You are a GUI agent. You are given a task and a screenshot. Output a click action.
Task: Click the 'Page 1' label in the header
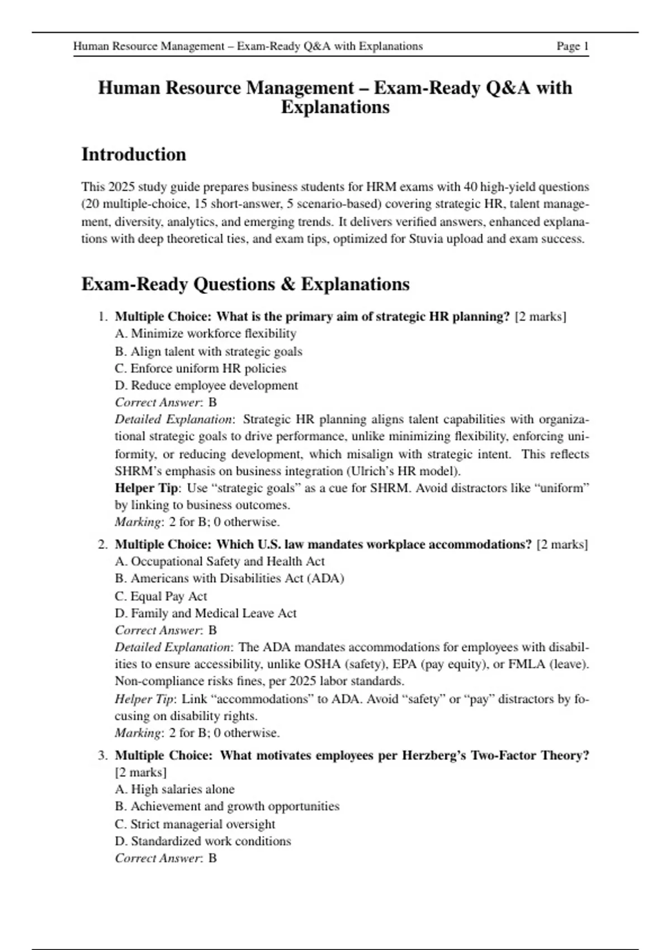click(x=572, y=46)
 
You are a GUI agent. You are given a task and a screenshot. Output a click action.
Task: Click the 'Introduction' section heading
click(x=134, y=154)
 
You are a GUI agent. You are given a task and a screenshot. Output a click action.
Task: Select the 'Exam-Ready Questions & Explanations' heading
click(x=245, y=284)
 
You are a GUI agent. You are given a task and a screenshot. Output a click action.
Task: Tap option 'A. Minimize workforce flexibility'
click(x=205, y=334)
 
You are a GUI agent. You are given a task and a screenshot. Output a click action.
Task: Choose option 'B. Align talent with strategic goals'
click(x=208, y=351)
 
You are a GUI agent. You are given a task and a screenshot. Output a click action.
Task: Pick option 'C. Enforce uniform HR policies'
click(x=200, y=368)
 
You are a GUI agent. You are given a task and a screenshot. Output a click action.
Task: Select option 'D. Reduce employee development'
click(x=206, y=386)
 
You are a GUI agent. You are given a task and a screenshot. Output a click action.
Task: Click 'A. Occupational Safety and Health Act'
click(x=219, y=561)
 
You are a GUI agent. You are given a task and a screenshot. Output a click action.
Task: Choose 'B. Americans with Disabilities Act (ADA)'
click(x=229, y=578)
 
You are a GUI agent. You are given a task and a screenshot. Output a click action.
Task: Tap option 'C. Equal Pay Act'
click(x=160, y=596)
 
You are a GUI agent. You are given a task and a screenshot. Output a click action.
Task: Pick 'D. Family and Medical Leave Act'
click(x=205, y=613)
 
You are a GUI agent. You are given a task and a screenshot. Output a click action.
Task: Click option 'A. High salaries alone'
click(x=174, y=789)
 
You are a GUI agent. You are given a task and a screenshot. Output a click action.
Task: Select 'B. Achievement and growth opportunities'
click(x=227, y=806)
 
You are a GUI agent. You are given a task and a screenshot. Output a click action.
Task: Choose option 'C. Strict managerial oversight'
click(x=195, y=824)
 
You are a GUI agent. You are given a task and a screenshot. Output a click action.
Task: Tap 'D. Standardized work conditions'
click(x=202, y=841)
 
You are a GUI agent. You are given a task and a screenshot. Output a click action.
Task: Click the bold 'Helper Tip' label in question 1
click(x=146, y=488)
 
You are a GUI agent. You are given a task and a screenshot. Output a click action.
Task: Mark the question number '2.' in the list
click(x=103, y=544)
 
